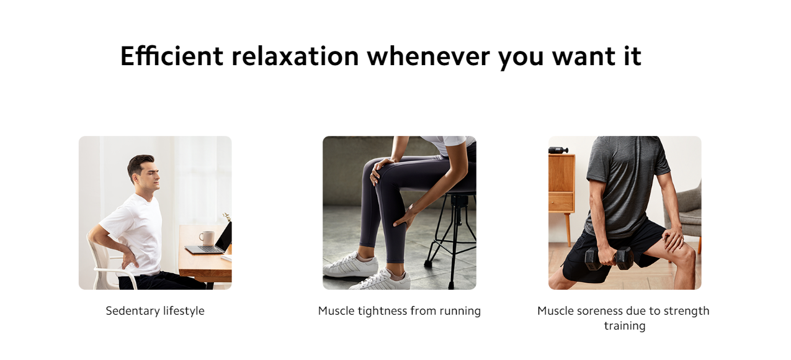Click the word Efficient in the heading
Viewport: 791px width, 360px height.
[x=172, y=56]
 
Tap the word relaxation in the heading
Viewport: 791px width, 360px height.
[x=295, y=56]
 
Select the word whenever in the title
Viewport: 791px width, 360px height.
[x=429, y=56]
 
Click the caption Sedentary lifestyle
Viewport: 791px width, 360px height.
[x=155, y=311]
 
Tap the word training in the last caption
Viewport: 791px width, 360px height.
[x=624, y=326]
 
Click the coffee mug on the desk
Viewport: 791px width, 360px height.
[x=207, y=238]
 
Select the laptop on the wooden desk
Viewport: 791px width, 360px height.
[x=210, y=241]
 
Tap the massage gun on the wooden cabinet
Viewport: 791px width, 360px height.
[x=558, y=150]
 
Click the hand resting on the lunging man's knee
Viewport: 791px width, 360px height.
[x=673, y=238]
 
